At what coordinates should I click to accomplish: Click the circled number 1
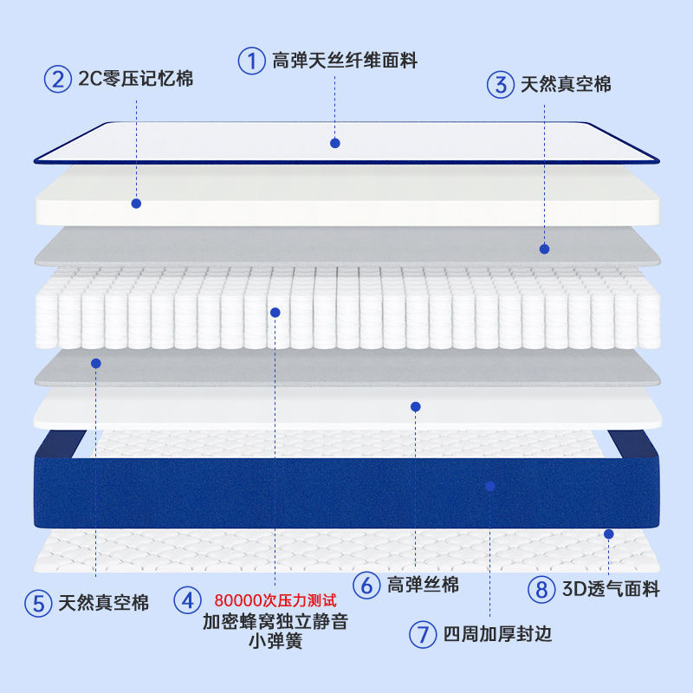point(251,61)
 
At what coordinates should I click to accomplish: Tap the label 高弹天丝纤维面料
point(345,61)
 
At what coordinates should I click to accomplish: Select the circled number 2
point(57,80)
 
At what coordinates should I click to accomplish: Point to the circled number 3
point(500,85)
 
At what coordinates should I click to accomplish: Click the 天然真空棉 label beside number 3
point(566,85)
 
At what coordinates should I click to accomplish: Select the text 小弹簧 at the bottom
point(275,643)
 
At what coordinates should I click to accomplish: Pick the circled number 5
point(37,603)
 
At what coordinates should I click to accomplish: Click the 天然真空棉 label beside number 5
point(104,603)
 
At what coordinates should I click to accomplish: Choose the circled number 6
point(366,585)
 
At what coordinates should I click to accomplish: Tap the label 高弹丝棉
point(423,585)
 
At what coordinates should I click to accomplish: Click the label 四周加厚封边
point(497,634)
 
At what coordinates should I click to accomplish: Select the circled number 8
point(541,590)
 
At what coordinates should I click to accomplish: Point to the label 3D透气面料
point(611,590)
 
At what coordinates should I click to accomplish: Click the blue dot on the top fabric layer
point(335,143)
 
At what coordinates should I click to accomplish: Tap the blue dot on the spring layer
point(275,312)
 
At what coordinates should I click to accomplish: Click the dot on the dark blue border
point(489,487)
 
